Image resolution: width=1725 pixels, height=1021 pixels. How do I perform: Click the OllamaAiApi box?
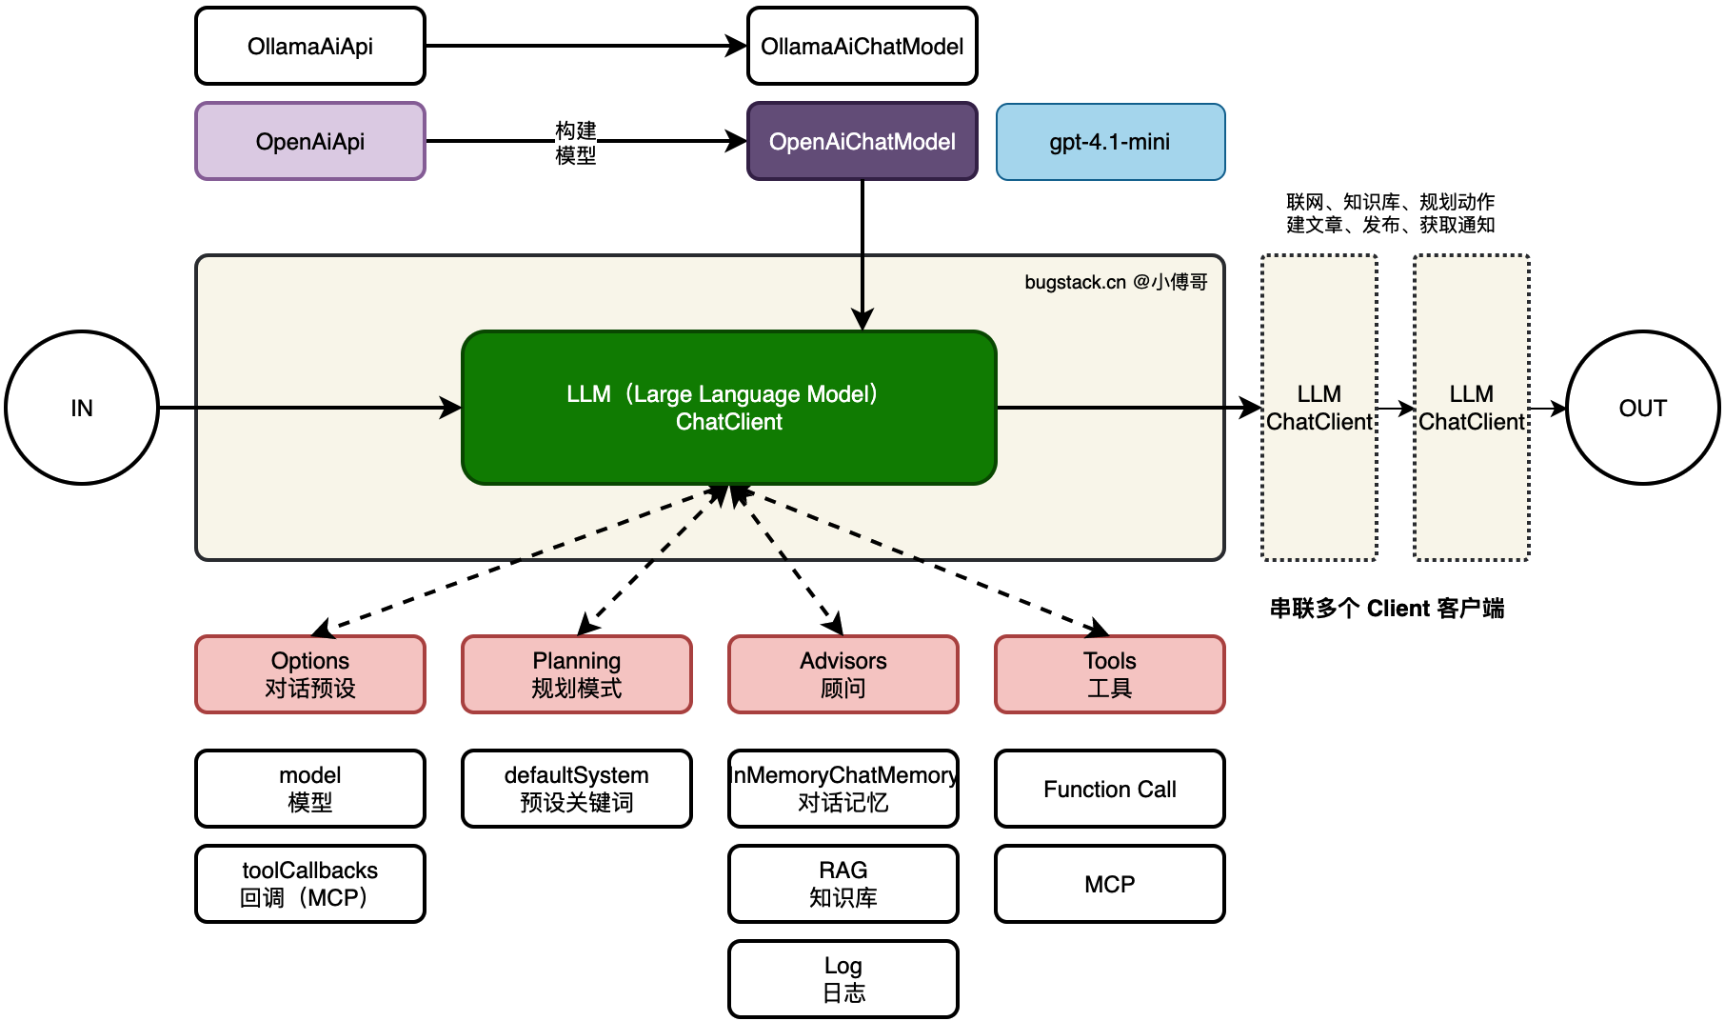[310, 46]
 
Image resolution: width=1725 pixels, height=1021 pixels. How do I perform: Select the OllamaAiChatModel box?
[862, 46]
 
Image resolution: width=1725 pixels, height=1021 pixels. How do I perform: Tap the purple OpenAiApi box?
[310, 141]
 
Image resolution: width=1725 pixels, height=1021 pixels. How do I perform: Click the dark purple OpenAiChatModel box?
[862, 141]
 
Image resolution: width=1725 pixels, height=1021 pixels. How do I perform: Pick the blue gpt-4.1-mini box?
[1110, 141]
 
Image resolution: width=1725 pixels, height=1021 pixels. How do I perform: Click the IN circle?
[82, 408]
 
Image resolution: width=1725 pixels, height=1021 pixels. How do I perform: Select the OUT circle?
[1643, 408]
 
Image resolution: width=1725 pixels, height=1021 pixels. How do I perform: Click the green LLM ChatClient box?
[729, 408]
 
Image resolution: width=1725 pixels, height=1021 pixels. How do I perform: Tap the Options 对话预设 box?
[310, 674]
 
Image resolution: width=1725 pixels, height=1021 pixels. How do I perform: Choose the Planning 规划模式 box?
[577, 674]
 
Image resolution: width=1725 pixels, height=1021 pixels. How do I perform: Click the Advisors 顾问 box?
[843, 674]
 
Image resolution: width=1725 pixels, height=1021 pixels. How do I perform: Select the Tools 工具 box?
[1110, 674]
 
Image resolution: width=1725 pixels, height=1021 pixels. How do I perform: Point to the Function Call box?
[1110, 789]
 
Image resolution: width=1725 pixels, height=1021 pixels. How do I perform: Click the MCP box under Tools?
[1110, 884]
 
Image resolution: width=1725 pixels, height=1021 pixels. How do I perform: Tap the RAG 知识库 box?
[843, 884]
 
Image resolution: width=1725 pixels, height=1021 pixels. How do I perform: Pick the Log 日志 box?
[843, 979]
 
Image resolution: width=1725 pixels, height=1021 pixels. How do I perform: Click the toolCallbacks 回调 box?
[310, 884]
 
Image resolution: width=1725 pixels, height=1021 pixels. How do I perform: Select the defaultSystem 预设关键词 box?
[577, 789]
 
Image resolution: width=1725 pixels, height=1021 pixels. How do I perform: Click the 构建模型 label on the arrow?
[576, 142]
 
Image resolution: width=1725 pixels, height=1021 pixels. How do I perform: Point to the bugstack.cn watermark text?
[1116, 282]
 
